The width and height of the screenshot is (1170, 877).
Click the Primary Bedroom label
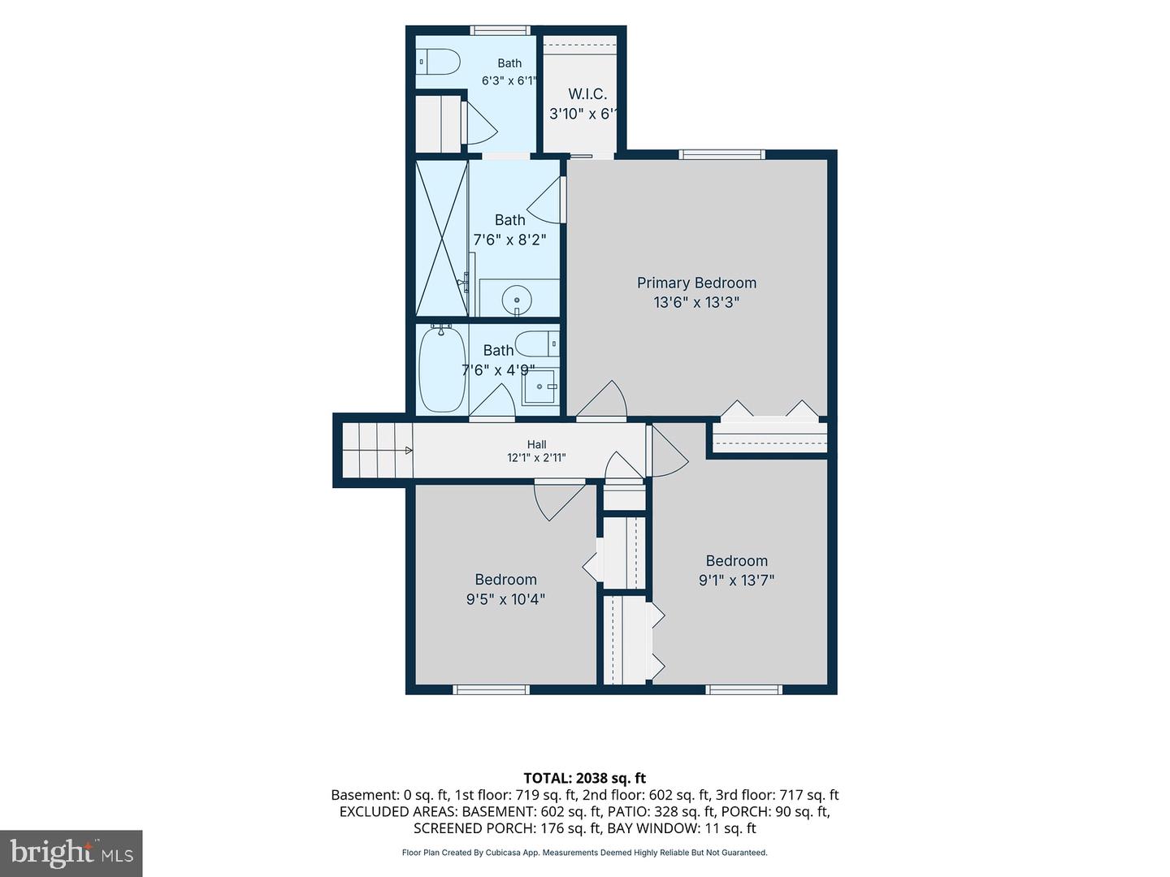pos(696,283)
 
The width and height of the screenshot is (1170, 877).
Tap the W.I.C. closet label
pos(587,94)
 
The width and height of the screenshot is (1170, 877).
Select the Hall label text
pos(536,444)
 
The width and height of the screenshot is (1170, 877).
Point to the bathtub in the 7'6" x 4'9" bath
pos(442,368)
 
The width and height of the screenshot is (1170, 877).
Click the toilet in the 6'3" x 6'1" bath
pos(437,62)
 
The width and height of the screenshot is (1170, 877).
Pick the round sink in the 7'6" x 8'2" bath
pos(517,300)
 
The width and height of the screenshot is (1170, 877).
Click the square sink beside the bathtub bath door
pos(540,387)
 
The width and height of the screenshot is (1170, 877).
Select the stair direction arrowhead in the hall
pos(409,451)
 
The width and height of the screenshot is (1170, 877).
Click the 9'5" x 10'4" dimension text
pos(505,599)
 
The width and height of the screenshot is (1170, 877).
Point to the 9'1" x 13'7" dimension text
pos(736,580)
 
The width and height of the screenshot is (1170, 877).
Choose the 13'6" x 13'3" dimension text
pos(696,302)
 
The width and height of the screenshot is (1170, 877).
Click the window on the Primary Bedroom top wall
pos(721,154)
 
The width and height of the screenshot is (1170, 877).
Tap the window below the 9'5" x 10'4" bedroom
pos(491,689)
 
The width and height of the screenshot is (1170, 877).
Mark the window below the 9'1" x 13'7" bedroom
pos(744,689)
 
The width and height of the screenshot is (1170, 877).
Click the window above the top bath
pos(500,30)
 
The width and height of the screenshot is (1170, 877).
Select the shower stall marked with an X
pos(442,238)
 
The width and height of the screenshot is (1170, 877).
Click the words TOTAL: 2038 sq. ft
pos(585,778)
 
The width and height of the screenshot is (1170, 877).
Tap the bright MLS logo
pos(71,853)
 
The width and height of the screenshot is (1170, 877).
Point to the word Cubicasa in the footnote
pos(503,853)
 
